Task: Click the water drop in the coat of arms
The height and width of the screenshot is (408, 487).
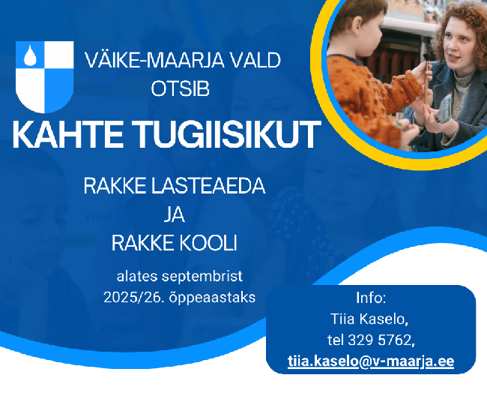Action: (30, 56)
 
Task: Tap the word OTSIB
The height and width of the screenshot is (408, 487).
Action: (180, 88)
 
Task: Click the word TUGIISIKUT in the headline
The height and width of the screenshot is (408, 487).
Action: (226, 134)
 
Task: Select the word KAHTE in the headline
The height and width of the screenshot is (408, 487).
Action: (67, 134)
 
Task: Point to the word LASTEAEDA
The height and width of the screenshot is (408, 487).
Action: (208, 186)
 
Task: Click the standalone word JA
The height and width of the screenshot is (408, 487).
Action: (175, 214)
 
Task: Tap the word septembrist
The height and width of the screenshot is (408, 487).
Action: (202, 277)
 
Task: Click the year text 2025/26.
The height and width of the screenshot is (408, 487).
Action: (134, 297)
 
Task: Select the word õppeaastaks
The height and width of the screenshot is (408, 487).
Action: (212, 298)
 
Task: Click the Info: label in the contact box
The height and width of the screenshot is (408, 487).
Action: (371, 298)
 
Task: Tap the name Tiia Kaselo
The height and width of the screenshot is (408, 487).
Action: (369, 319)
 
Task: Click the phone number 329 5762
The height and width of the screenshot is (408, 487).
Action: (380, 340)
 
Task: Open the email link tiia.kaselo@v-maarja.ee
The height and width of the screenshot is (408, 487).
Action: (371, 361)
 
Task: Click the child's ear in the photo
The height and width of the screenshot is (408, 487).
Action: (357, 25)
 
